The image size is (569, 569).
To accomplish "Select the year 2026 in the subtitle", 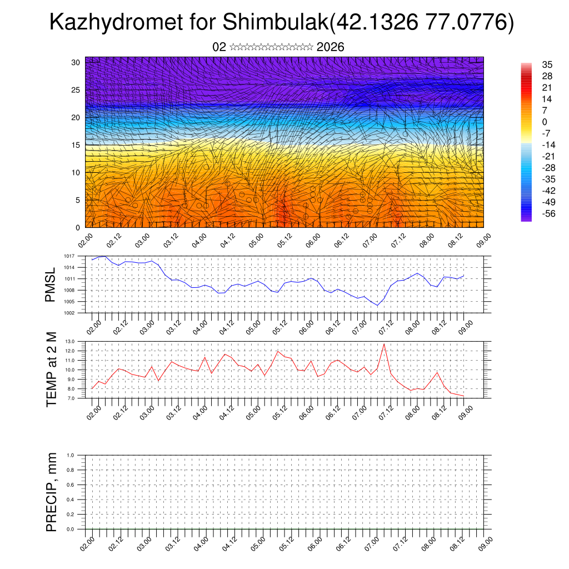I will click(330, 47).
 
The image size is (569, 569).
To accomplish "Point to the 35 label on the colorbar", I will click(547, 64).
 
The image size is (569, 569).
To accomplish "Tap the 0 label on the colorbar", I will click(545, 122).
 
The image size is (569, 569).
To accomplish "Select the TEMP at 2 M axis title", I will click(51, 369).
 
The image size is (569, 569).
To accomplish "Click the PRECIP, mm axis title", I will click(51, 492).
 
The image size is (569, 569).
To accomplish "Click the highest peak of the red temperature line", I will click(384, 344).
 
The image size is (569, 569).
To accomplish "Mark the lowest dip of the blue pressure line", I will click(377, 306).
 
